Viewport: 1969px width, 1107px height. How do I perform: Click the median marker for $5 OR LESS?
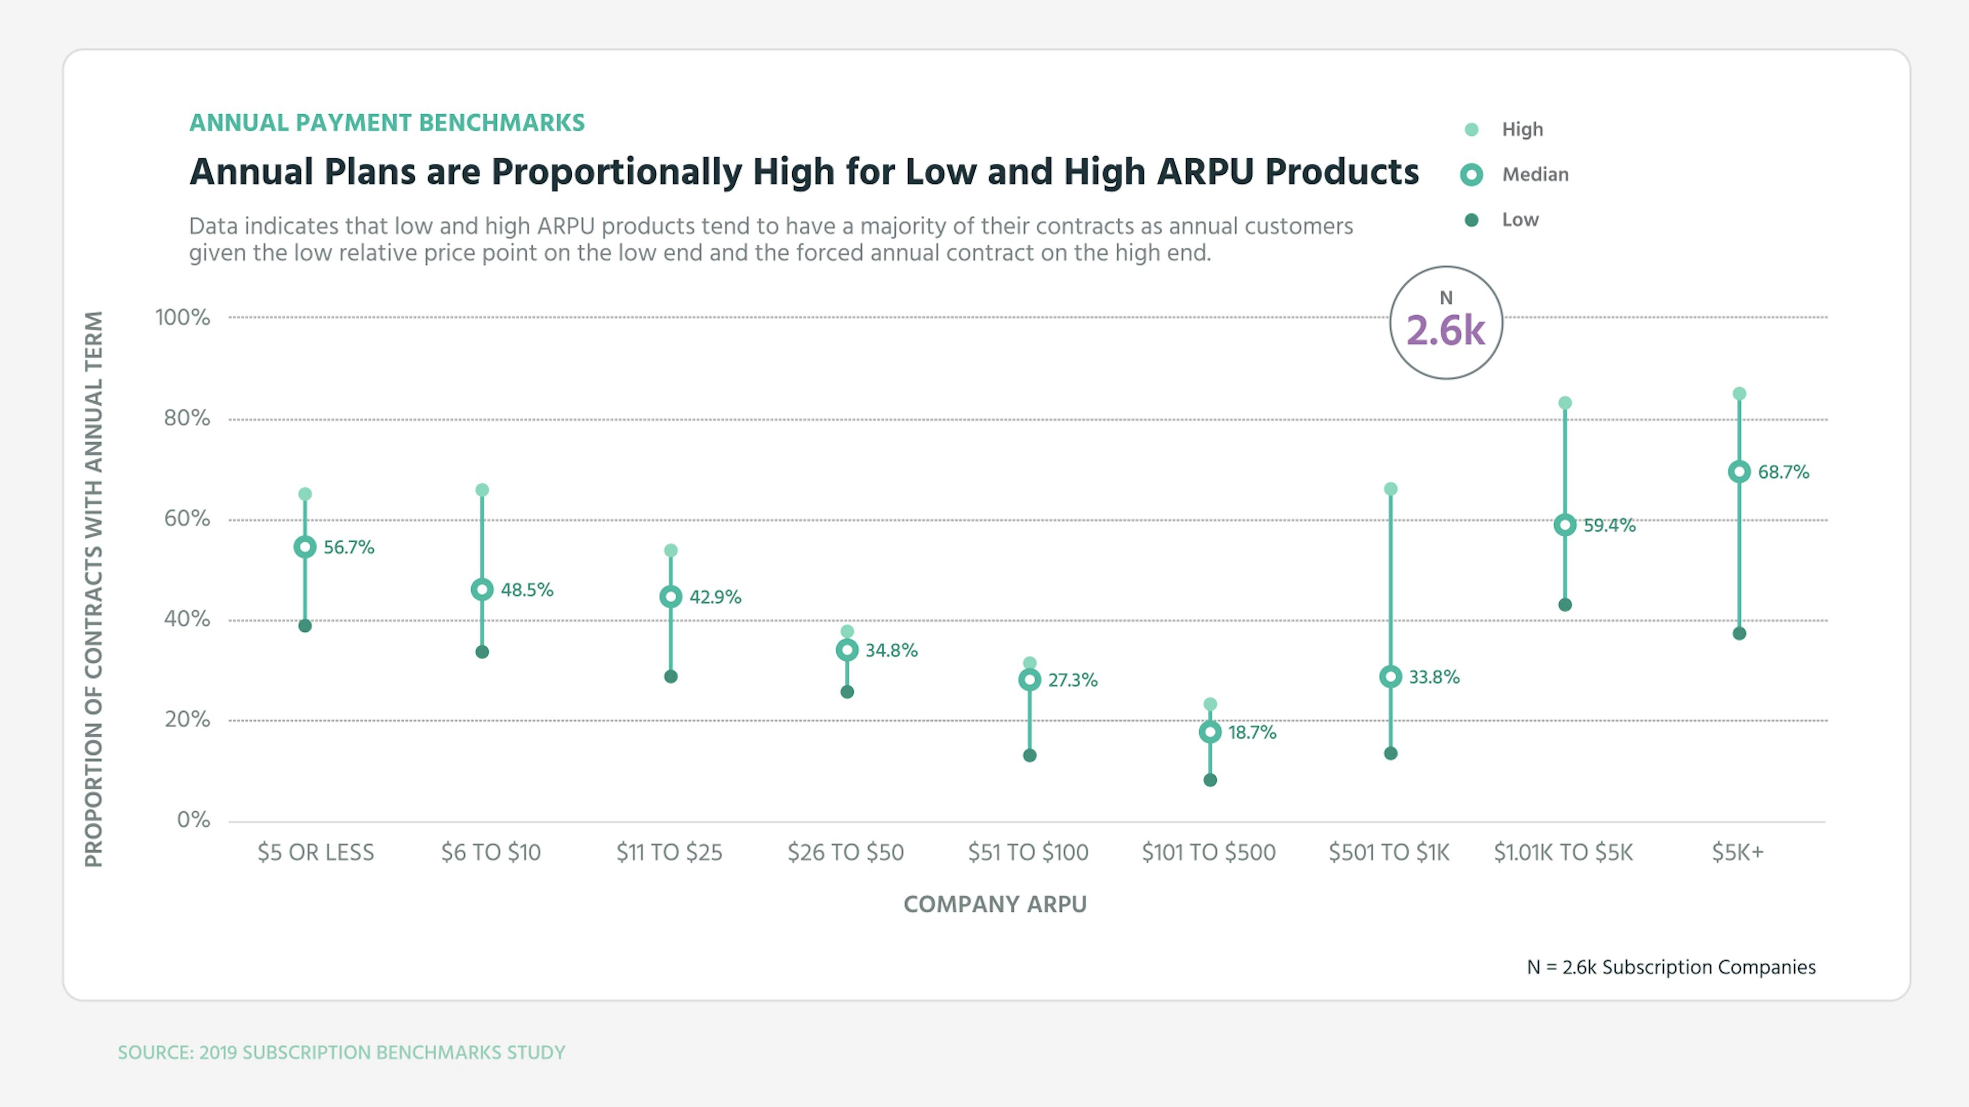click(x=305, y=547)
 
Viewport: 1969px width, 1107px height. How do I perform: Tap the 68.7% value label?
click(x=1783, y=472)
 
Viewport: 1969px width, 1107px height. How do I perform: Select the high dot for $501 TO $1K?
click(x=1391, y=489)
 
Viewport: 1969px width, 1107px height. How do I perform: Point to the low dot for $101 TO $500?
click(x=1210, y=780)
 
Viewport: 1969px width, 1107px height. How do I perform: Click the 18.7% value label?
click(x=1252, y=733)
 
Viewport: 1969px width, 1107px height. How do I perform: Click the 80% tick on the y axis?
click(x=186, y=418)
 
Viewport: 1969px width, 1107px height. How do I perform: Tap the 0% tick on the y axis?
click(x=193, y=820)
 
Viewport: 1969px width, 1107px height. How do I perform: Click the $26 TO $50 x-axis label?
click(x=846, y=852)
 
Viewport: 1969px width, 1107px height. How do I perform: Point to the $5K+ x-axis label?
click(x=1737, y=852)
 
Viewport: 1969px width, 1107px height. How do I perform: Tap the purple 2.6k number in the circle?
click(x=1445, y=331)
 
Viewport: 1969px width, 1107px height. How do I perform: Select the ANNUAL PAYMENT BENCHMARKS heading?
click(x=387, y=123)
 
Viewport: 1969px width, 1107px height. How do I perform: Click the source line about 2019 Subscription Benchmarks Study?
click(x=341, y=1053)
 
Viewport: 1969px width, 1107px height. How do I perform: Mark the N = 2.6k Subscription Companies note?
click(x=1671, y=967)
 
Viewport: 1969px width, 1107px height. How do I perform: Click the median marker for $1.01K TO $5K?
click(x=1564, y=525)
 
